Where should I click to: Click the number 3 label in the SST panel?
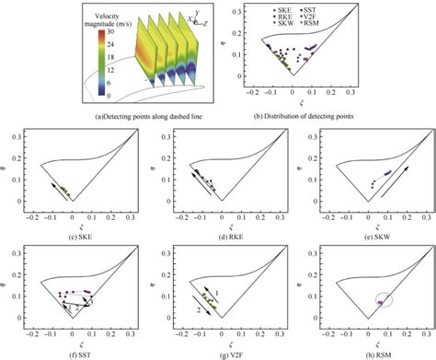coord(90,300)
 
